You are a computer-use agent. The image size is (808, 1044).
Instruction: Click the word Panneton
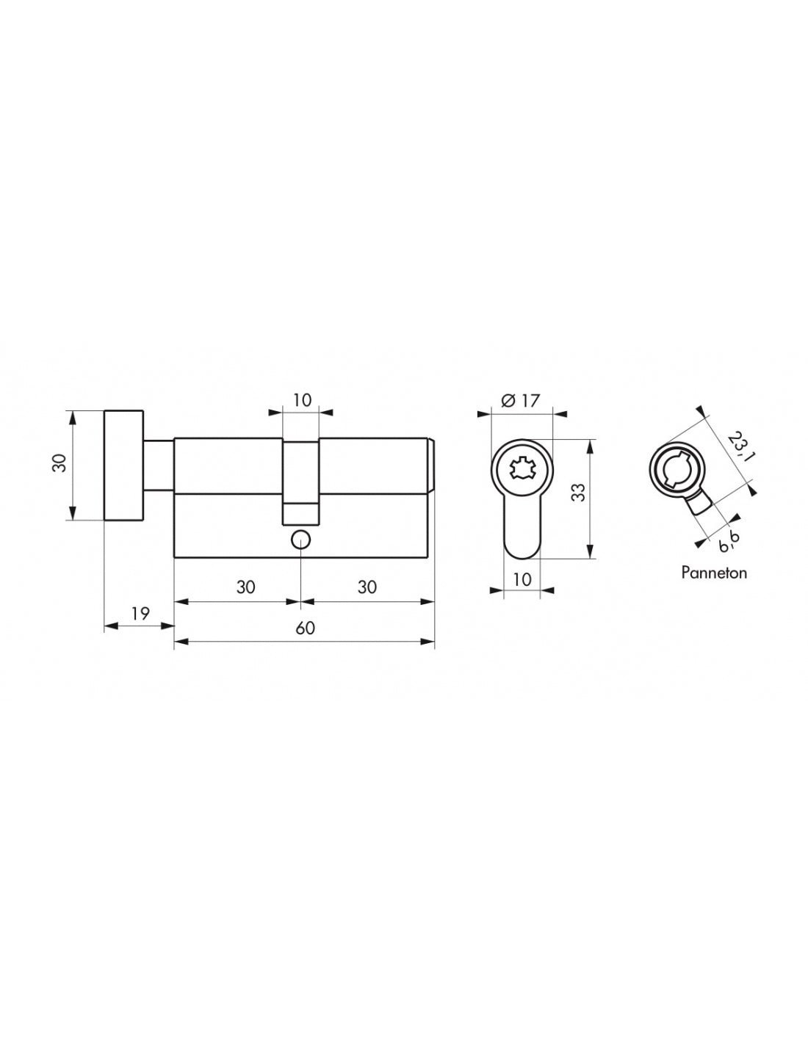[x=713, y=573]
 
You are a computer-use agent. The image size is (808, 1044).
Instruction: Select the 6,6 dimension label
[x=728, y=543]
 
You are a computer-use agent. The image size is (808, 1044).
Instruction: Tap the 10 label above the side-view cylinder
[x=302, y=400]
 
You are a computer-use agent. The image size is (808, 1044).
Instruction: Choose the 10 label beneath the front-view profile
[x=522, y=579]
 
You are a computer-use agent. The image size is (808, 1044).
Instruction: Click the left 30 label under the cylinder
[x=246, y=587]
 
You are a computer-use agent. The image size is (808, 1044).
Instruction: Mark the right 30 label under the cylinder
[x=367, y=587]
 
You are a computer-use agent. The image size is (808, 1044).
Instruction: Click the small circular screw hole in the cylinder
[x=300, y=540]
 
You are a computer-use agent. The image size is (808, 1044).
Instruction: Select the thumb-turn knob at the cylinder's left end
[x=124, y=465]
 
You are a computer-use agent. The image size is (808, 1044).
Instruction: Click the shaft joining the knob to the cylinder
[x=158, y=465]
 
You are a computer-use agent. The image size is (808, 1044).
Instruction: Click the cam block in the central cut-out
[x=301, y=513]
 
